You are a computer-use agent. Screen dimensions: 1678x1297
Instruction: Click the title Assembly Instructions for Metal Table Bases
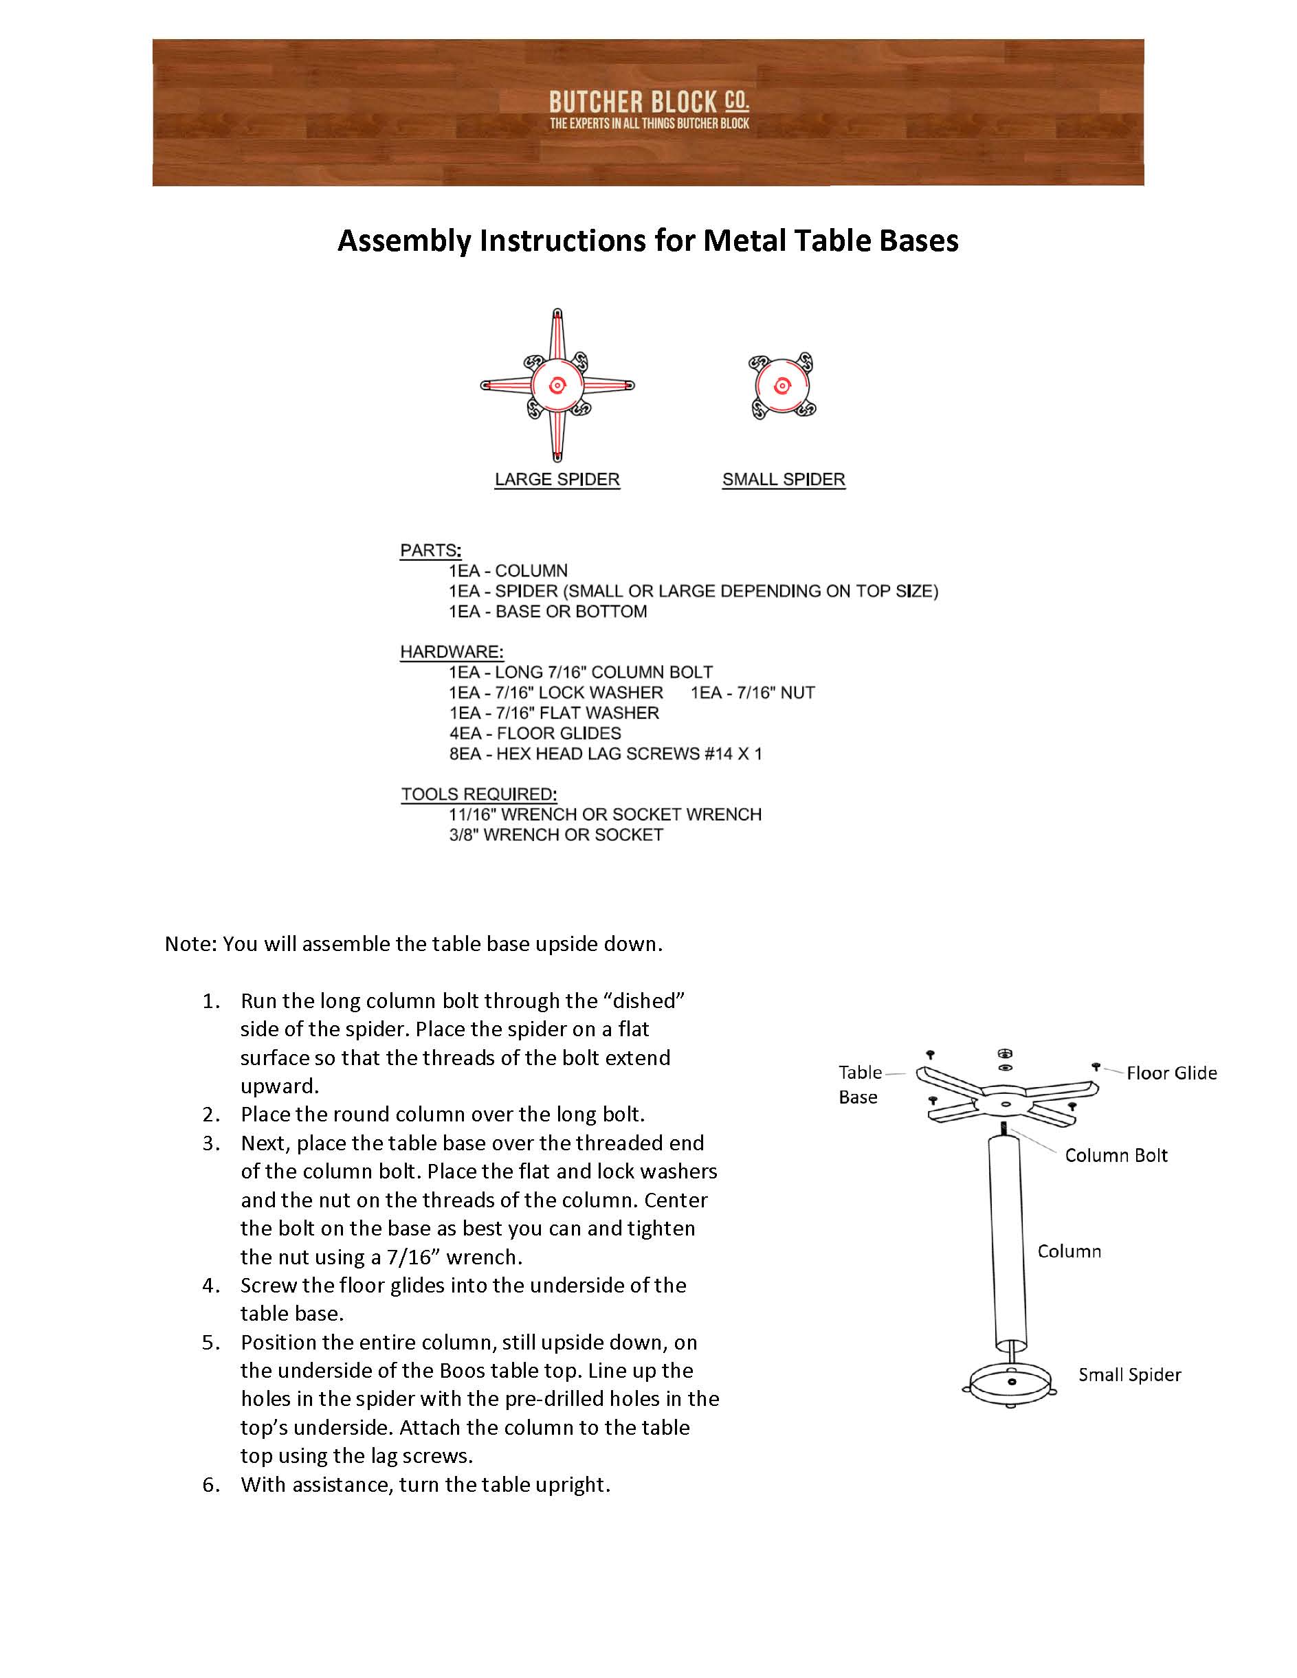647,241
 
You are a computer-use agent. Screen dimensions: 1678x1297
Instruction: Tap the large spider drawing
557,385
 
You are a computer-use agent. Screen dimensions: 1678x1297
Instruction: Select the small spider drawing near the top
782,385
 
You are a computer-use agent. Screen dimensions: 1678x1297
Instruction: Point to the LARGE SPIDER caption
557,480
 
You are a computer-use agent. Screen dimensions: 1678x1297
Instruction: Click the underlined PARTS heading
430,551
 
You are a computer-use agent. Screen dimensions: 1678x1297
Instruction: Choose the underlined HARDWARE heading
452,652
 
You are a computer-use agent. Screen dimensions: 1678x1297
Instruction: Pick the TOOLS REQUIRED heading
478,794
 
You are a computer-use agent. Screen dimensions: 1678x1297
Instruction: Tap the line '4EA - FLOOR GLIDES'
535,734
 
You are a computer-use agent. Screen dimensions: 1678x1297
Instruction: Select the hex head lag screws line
606,754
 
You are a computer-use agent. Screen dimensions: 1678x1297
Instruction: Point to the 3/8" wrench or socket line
555,835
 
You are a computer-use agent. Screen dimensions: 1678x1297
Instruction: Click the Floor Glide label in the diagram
1171,1073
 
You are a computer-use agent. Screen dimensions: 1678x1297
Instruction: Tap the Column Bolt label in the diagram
1116,1156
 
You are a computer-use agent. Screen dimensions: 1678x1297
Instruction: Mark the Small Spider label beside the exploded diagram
1129,1375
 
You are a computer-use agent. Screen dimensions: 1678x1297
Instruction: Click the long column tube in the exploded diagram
1009,1244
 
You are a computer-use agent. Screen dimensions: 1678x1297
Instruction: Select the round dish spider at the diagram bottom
1012,1383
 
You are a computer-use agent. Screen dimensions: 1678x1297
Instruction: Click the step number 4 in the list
210,1286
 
